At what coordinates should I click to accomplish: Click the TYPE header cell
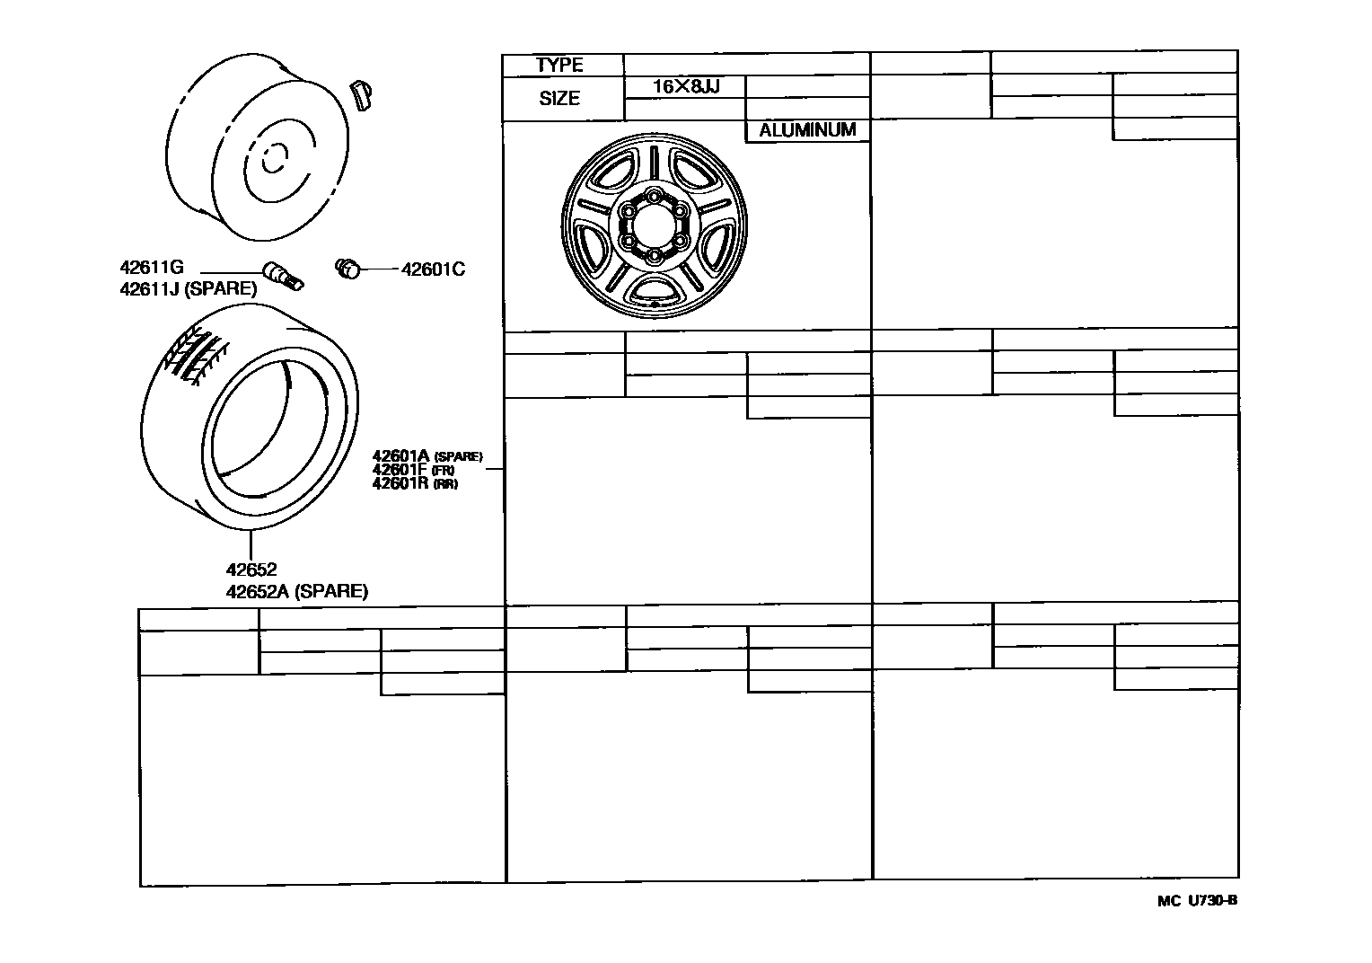pyautogui.click(x=559, y=65)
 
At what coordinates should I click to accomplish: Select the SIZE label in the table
pyautogui.click(x=559, y=98)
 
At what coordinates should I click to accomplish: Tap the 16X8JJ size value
pyautogui.click(x=686, y=86)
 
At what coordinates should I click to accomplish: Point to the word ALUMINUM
pyautogui.click(x=807, y=130)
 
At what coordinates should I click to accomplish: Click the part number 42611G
pyautogui.click(x=152, y=267)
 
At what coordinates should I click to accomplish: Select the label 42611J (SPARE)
pyautogui.click(x=188, y=288)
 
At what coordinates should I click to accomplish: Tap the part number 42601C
pyautogui.click(x=433, y=269)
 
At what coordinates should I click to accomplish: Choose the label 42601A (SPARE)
pyautogui.click(x=427, y=455)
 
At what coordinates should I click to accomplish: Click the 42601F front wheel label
pyautogui.click(x=413, y=470)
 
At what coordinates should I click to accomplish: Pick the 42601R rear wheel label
pyautogui.click(x=415, y=483)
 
